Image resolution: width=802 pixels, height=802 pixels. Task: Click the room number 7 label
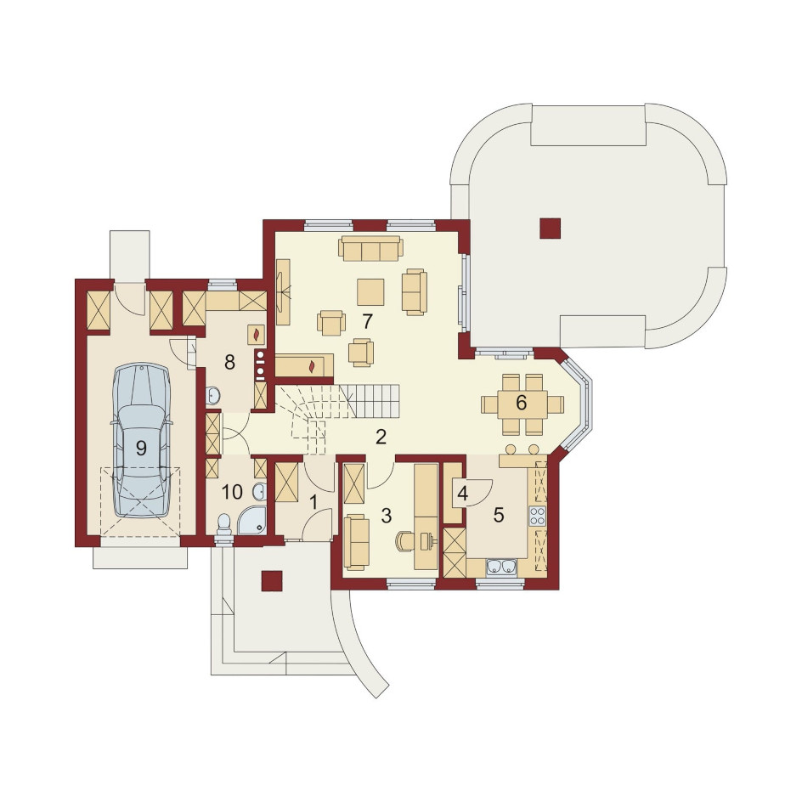367,321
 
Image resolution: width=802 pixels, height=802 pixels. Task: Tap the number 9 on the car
141,448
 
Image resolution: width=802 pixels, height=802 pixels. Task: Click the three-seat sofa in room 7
370,248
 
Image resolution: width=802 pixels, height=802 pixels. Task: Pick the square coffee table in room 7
370,292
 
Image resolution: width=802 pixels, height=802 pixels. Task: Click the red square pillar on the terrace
551,229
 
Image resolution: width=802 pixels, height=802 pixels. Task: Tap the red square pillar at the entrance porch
272,581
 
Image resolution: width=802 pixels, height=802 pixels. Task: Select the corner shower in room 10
252,521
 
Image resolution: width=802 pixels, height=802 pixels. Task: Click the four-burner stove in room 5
537,516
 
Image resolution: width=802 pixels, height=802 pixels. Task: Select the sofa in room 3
356,542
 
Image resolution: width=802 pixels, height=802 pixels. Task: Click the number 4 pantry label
462,494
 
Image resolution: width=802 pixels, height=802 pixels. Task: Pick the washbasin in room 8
213,395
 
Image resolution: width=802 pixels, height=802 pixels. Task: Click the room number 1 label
313,502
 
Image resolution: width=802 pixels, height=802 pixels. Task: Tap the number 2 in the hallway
381,438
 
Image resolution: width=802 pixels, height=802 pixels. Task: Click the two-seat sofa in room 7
414,292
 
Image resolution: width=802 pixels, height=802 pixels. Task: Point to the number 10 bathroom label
232,492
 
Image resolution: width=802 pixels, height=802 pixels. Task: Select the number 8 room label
229,363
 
